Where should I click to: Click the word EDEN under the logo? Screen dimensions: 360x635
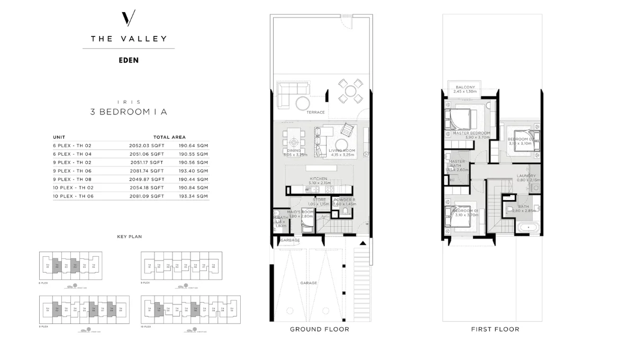pyautogui.click(x=129, y=60)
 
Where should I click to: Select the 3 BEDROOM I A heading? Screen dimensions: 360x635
pyautogui.click(x=129, y=112)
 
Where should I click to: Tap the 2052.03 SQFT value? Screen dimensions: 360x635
pyautogui.click(x=147, y=145)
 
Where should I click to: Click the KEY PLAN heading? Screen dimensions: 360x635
pyautogui.click(x=129, y=237)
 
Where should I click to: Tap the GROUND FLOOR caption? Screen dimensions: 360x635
pyautogui.click(x=319, y=329)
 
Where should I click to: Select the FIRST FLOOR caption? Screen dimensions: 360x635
pyautogui.click(x=495, y=329)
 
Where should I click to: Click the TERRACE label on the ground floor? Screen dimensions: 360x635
pyautogui.click(x=315, y=112)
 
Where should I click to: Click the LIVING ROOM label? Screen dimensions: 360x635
pyautogui.click(x=341, y=151)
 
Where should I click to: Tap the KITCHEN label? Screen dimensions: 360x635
pyautogui.click(x=318, y=179)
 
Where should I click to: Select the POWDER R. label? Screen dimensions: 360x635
pyautogui.click(x=344, y=200)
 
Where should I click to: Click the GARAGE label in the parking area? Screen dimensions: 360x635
pyautogui.click(x=309, y=283)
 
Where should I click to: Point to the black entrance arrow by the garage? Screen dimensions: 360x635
pyautogui.click(x=362, y=243)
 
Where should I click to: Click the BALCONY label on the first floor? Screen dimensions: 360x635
pyautogui.click(x=465, y=87)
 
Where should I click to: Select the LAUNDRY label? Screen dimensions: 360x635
pyautogui.click(x=526, y=176)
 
